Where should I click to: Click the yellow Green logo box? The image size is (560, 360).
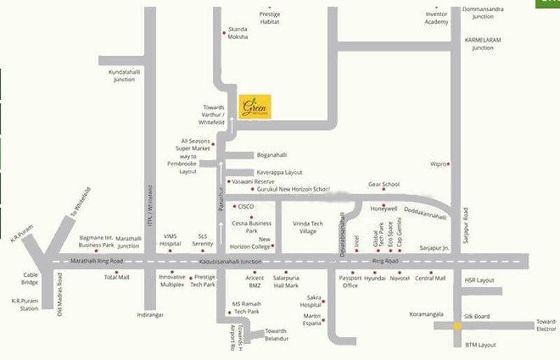[254, 106]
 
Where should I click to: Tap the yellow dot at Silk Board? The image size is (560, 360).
[457, 326]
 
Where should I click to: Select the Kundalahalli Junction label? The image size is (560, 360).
[124, 76]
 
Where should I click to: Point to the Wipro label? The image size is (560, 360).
[438, 164]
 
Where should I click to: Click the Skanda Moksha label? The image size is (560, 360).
[238, 33]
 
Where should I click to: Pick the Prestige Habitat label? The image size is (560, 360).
[269, 18]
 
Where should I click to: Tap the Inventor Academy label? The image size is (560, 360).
[436, 18]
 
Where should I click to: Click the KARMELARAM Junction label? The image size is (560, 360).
[482, 44]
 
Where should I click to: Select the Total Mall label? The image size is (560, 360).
[116, 277]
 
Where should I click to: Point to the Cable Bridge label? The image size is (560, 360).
[30, 279]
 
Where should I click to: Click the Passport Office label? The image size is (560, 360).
[350, 282]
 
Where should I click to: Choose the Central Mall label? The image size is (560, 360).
[430, 279]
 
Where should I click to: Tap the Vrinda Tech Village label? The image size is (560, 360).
[307, 227]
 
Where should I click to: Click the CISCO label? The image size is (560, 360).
[246, 206]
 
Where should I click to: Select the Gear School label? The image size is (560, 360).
[383, 185]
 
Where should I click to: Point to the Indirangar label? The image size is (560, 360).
[150, 315]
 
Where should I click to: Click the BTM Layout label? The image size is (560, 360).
[480, 345]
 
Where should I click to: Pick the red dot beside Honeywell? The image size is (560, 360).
[384, 205]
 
